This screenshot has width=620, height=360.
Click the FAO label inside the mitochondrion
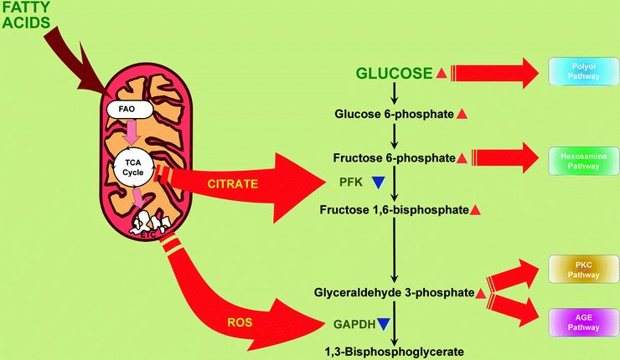tap(128, 110)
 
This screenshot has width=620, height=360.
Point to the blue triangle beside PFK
tap(378, 182)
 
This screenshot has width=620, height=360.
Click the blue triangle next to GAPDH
tap(383, 322)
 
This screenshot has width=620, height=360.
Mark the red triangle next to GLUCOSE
tap(441, 74)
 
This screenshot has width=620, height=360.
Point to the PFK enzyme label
tap(351, 182)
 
